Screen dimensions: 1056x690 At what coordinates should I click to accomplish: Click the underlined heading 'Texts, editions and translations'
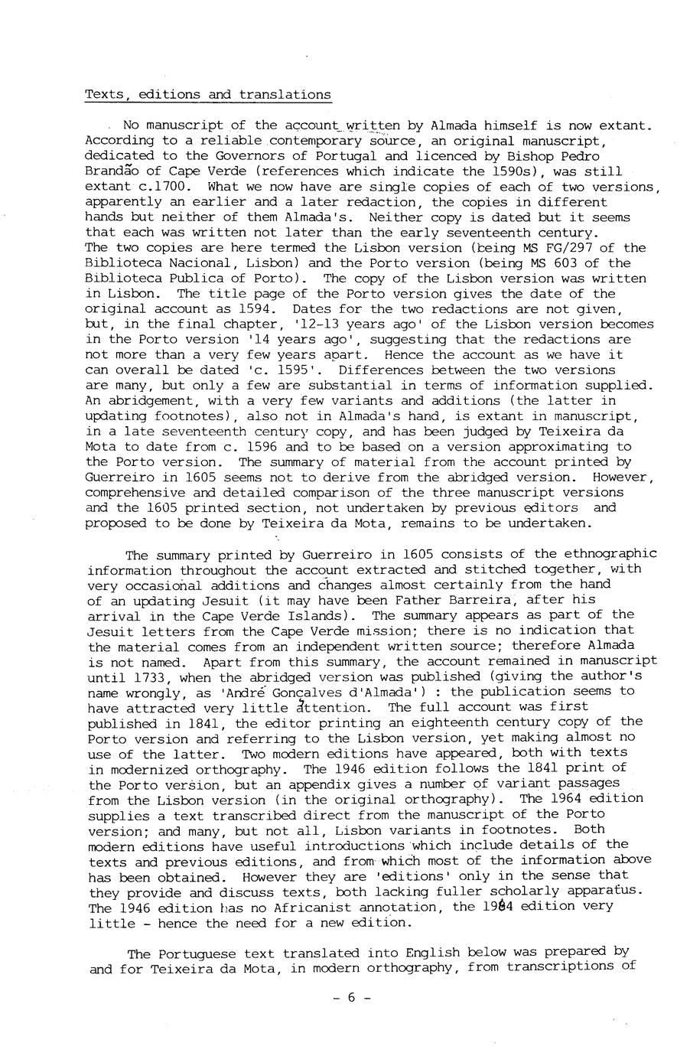tap(207, 95)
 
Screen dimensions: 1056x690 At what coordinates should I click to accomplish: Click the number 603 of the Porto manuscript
tap(548, 263)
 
